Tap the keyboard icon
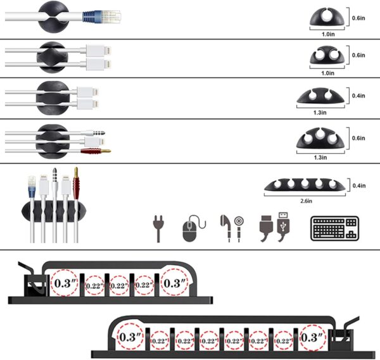[x=334, y=228]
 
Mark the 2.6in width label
[x=307, y=202]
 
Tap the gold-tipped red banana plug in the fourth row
[x=95, y=151]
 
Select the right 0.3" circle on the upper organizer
[x=174, y=284]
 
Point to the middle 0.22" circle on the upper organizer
[x=119, y=285]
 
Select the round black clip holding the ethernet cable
[x=50, y=16]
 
